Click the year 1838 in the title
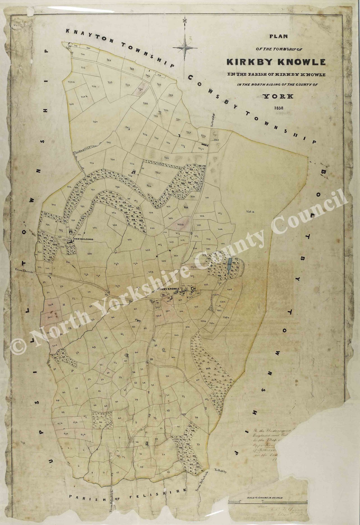click(279, 108)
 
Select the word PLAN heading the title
click(278, 36)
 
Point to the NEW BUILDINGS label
click(83, 239)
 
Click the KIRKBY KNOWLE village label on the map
click(167, 289)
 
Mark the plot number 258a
click(249, 212)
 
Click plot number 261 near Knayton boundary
click(109, 60)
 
